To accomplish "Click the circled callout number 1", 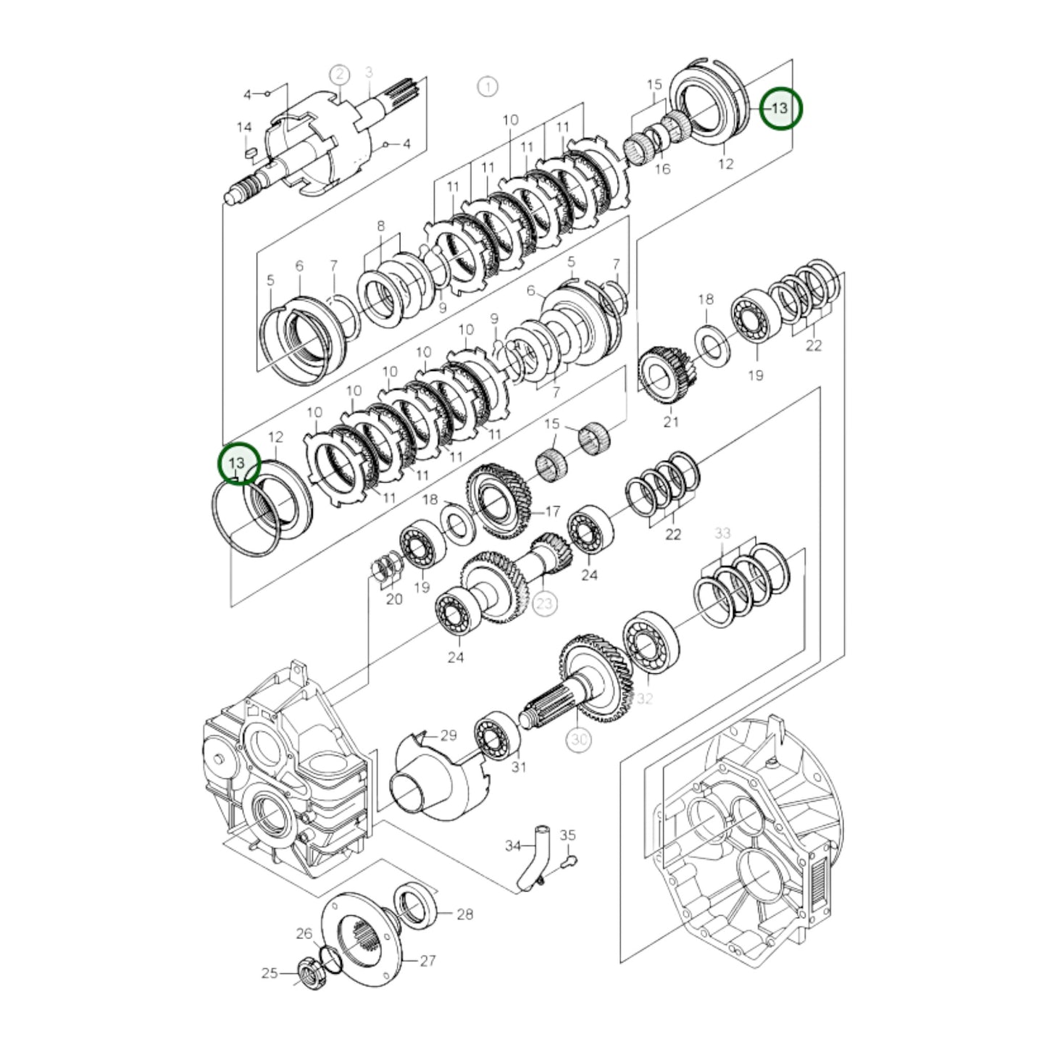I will [x=488, y=87].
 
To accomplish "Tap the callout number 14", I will [x=244, y=128].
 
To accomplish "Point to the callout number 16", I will [x=662, y=169].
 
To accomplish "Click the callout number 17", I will [x=552, y=512].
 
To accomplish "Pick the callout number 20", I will [x=393, y=599].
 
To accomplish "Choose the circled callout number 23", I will [x=544, y=603].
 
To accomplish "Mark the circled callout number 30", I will [x=579, y=739].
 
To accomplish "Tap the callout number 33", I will [x=722, y=533].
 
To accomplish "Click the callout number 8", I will [x=381, y=227].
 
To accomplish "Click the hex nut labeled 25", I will [x=306, y=969].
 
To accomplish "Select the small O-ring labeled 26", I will [x=330, y=959].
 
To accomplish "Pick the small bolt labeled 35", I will [x=570, y=861].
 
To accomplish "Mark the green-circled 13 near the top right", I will [x=780, y=108].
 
